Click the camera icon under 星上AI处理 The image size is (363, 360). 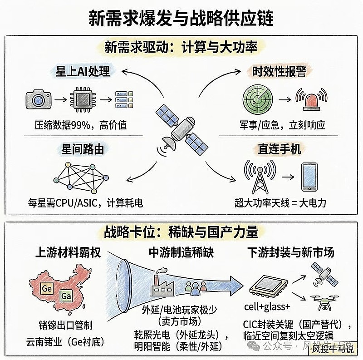click(x=36, y=98)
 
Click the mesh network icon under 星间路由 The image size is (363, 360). click(x=80, y=177)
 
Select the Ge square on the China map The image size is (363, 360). click(x=46, y=288)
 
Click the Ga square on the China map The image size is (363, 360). click(x=66, y=297)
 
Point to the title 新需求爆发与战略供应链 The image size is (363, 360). click(x=181, y=19)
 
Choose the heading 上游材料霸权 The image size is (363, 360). click(x=68, y=252)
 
